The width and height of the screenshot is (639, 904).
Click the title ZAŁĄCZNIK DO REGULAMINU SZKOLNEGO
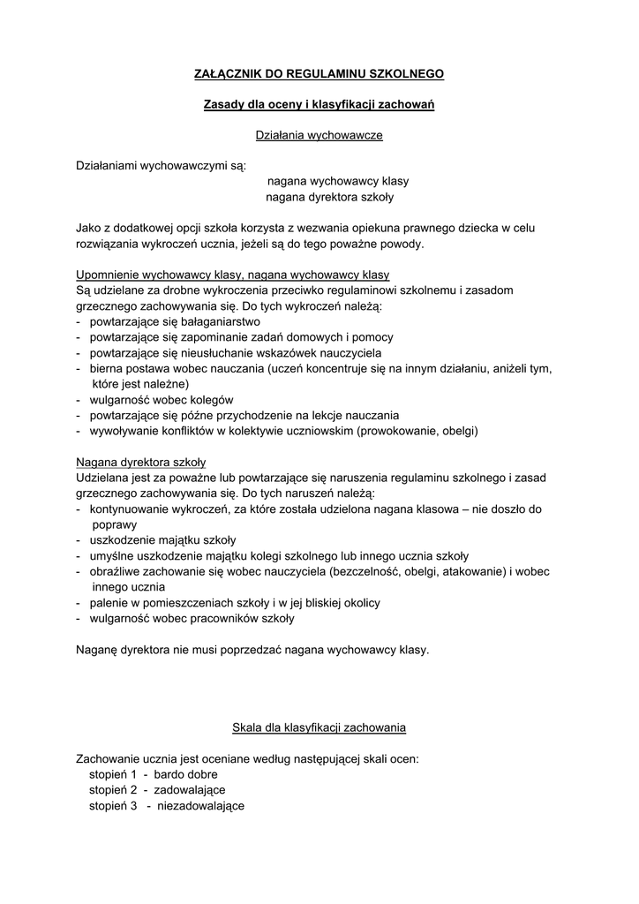[x=319, y=75]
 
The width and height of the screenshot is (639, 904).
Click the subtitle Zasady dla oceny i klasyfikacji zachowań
[x=319, y=105]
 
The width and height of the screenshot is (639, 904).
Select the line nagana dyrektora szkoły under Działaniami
[x=329, y=197]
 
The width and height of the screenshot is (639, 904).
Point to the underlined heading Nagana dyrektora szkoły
[x=140, y=462]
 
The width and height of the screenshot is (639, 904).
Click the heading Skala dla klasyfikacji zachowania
[x=319, y=728]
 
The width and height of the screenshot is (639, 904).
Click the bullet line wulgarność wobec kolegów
[x=155, y=399]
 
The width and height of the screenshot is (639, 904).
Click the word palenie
[x=108, y=603]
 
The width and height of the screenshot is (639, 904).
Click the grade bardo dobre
[x=185, y=774]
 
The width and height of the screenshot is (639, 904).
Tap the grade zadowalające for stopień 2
[x=190, y=789]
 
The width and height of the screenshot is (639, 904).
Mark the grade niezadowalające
[x=200, y=806]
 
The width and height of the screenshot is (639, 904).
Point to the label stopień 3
[x=113, y=806]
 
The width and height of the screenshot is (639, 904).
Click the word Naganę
[x=97, y=650]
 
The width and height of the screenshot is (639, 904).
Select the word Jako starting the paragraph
[x=89, y=228]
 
